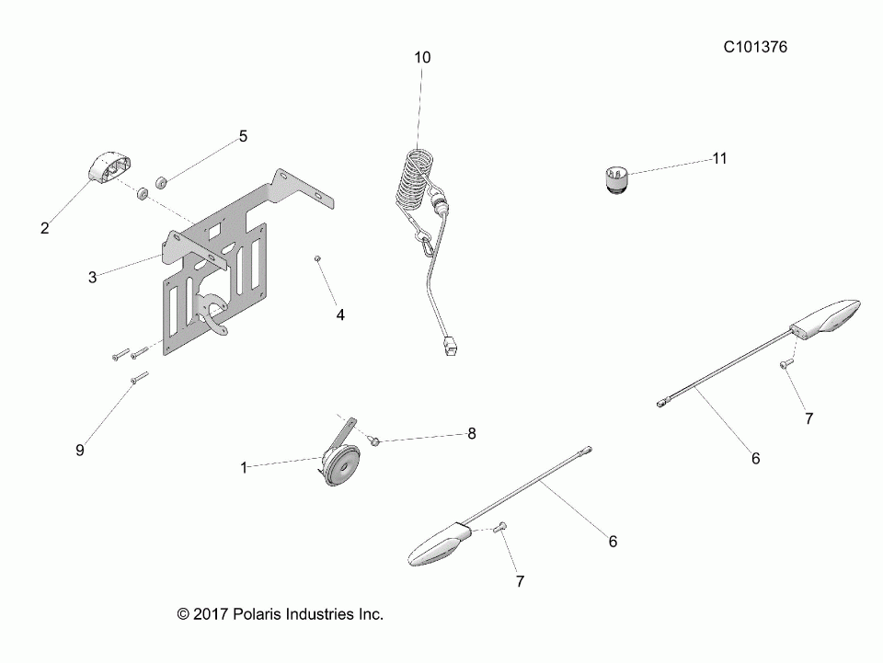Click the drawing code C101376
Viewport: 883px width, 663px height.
755,46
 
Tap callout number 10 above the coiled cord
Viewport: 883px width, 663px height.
421,57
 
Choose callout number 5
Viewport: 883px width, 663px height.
243,136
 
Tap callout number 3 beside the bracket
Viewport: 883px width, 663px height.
92,276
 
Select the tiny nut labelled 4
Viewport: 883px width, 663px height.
316,260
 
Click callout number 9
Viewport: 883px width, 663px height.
79,450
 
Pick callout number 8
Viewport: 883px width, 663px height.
472,433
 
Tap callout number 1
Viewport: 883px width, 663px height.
244,467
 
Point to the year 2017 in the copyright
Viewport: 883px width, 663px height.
209,613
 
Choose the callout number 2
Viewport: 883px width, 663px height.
44,228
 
